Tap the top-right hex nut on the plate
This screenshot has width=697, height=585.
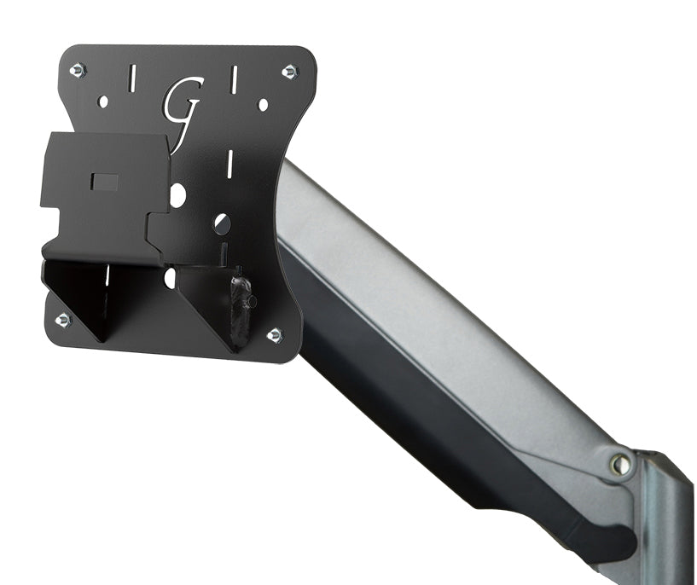[289, 71]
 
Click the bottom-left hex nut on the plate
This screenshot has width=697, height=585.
[62, 320]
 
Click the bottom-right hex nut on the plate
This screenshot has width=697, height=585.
[275, 335]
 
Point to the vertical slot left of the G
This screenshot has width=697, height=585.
[131, 78]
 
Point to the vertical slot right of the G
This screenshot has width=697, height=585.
[232, 80]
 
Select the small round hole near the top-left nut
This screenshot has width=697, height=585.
[103, 101]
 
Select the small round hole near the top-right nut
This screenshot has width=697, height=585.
[263, 104]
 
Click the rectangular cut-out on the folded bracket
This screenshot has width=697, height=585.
[105, 182]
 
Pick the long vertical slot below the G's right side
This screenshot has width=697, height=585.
[229, 162]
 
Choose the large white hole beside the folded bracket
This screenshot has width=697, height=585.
[177, 195]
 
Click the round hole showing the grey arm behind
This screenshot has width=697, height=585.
[222, 223]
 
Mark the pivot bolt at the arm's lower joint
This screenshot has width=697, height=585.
[620, 465]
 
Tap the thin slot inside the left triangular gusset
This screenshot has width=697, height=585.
[107, 278]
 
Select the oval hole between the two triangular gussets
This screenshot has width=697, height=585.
[170, 277]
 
